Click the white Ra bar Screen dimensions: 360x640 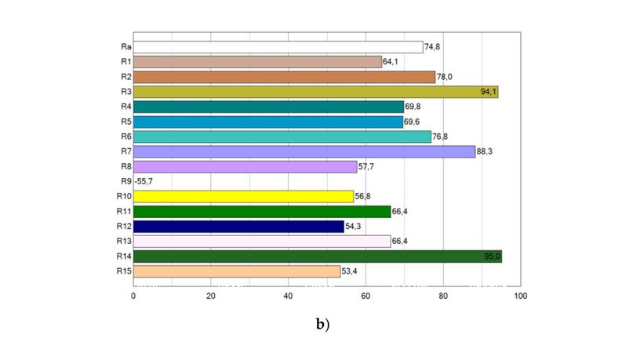[278, 47]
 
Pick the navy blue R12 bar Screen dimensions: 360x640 [238, 227]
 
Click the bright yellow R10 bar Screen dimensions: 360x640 [243, 196]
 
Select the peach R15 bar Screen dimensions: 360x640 [237, 271]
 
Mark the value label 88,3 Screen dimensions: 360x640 [486, 151]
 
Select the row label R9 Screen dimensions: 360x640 [125, 181]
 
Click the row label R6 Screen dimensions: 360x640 [125, 136]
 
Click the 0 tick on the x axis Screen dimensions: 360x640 [133, 296]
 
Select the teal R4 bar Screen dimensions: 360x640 [268, 107]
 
